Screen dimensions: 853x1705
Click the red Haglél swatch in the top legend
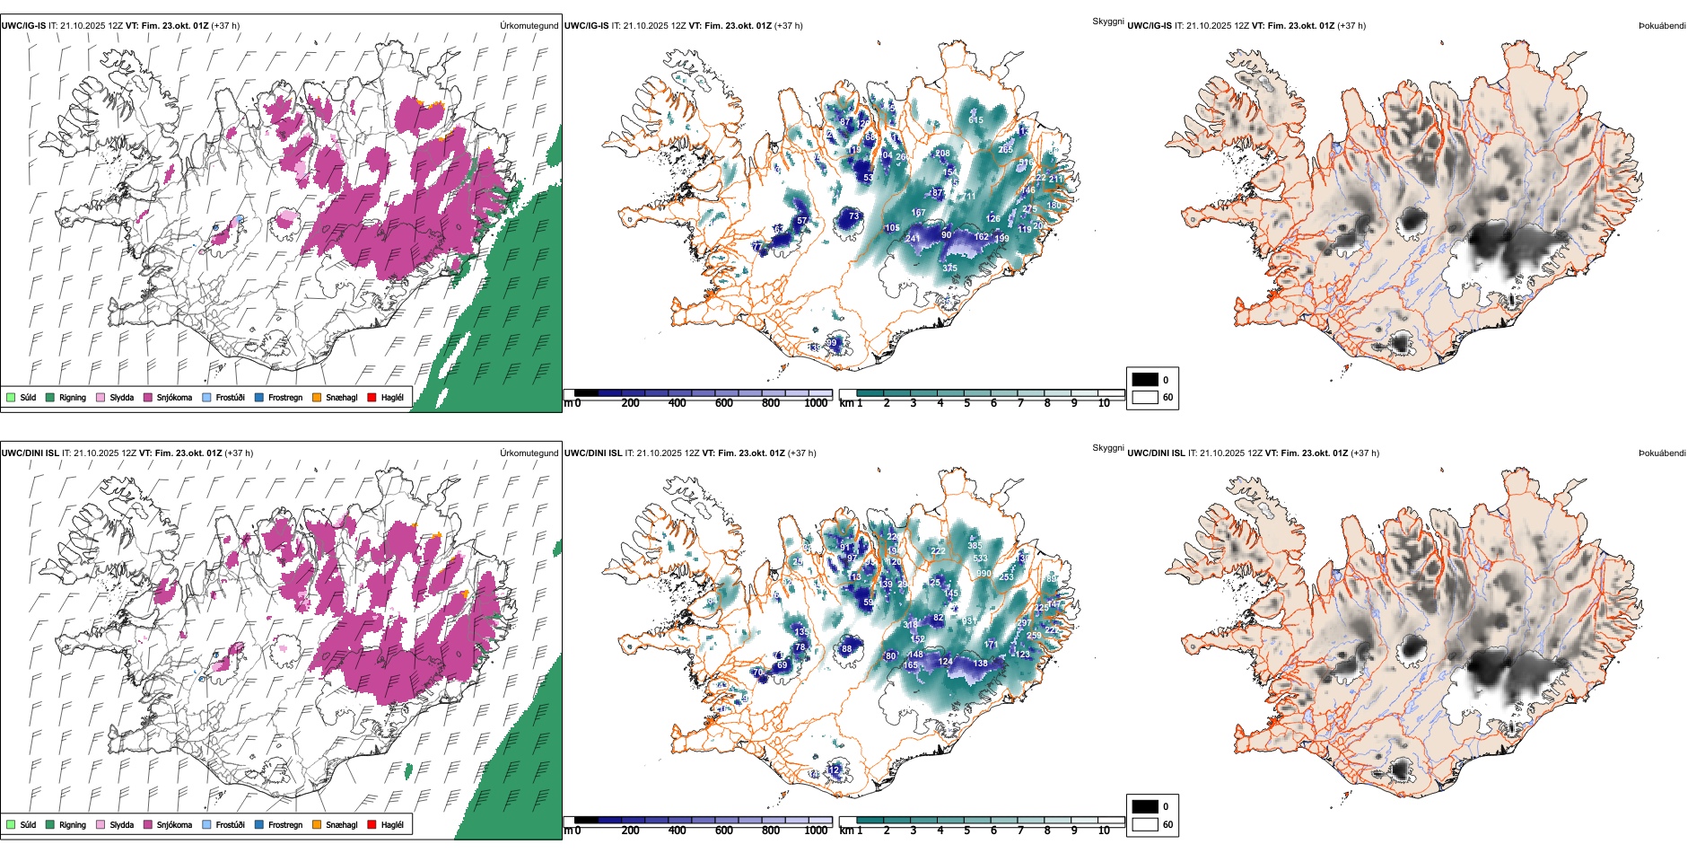372,397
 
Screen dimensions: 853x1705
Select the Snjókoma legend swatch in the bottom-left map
147,824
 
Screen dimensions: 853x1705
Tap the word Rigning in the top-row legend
73,397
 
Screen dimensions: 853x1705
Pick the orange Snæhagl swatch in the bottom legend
317,824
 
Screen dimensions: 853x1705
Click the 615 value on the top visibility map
975,119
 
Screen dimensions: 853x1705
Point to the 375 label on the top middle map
949,268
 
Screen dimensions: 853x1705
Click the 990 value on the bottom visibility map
984,573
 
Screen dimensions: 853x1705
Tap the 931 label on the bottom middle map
969,620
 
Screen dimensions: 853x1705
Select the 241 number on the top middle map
912,238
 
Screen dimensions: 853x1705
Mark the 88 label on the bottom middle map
846,648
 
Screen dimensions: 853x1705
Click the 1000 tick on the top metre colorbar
816,403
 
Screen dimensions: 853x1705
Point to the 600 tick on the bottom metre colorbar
724,831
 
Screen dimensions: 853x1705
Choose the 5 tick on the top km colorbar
966,403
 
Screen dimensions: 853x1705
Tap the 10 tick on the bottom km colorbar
1104,831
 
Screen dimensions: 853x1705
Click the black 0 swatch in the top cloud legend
1145,380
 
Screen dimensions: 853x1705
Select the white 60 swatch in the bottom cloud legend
1145,824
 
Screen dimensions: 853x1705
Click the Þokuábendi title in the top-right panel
1662,26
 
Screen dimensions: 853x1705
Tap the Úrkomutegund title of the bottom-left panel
529,453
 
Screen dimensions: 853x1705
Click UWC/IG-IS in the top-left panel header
23,26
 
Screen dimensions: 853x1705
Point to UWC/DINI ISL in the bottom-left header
30,453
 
